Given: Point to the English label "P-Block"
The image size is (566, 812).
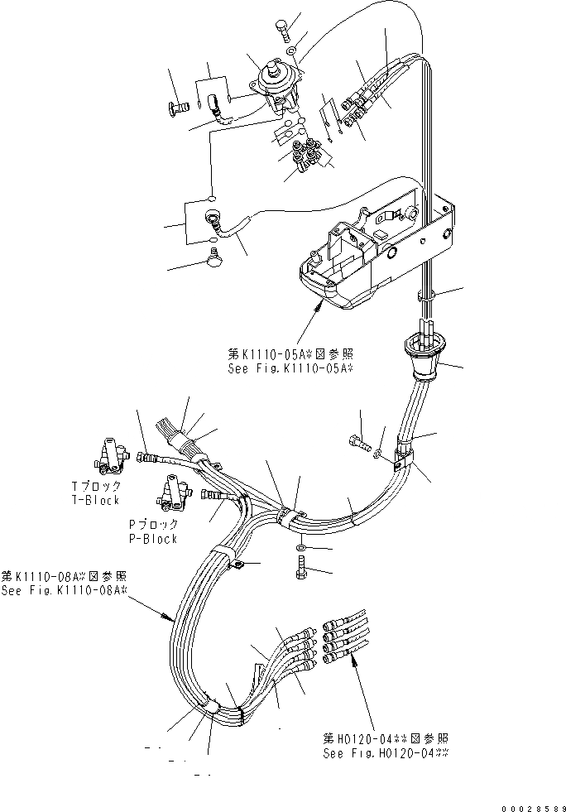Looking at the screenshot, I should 152,539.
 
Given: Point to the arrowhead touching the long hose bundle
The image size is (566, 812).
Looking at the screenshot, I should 170,618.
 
